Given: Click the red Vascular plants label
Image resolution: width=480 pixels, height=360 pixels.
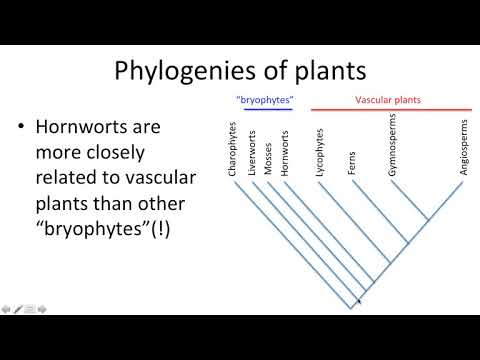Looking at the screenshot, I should [388, 100].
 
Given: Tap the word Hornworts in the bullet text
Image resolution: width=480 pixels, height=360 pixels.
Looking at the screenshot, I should [79, 129].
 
